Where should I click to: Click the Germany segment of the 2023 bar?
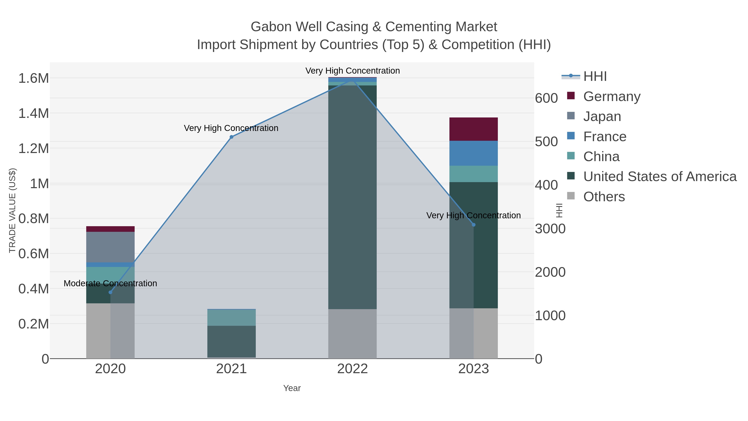473,129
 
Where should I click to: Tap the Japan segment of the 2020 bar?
110,247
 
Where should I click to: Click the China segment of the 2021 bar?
231,317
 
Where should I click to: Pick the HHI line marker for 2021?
231,137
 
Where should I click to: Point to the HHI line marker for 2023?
474,225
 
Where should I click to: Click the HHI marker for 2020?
110,292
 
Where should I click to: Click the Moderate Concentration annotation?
110,283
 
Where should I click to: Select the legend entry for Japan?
602,116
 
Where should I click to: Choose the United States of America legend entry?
660,177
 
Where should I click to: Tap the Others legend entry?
604,197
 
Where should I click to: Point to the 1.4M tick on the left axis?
33,113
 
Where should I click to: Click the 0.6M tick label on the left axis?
33,254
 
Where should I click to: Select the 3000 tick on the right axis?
550,229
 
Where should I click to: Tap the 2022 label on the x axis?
353,369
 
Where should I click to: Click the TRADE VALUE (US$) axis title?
12,210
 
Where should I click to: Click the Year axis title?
292,388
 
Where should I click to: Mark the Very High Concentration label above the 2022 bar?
353,71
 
